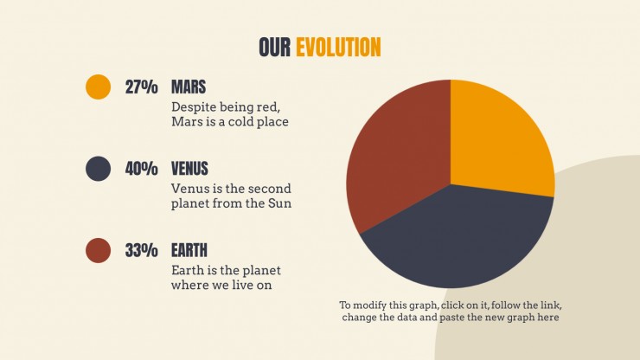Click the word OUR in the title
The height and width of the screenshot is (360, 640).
tap(275, 47)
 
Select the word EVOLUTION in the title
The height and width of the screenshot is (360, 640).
tap(338, 47)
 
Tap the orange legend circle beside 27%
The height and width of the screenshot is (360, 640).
tap(98, 87)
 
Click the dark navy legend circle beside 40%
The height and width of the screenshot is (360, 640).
tap(98, 169)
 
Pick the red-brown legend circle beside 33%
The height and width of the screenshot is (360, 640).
tap(98, 250)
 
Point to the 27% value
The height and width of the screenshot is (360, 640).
tap(141, 87)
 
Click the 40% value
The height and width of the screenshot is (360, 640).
tap(141, 169)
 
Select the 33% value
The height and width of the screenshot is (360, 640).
tap(141, 250)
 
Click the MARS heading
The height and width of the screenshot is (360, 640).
tap(189, 87)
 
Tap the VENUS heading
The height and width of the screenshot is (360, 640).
tap(189, 169)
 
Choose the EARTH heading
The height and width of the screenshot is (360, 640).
tap(189, 250)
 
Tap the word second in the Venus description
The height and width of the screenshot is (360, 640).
tap(270, 189)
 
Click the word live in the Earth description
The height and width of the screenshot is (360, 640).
tap(241, 285)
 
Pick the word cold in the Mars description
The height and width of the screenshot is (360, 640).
tap(240, 122)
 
